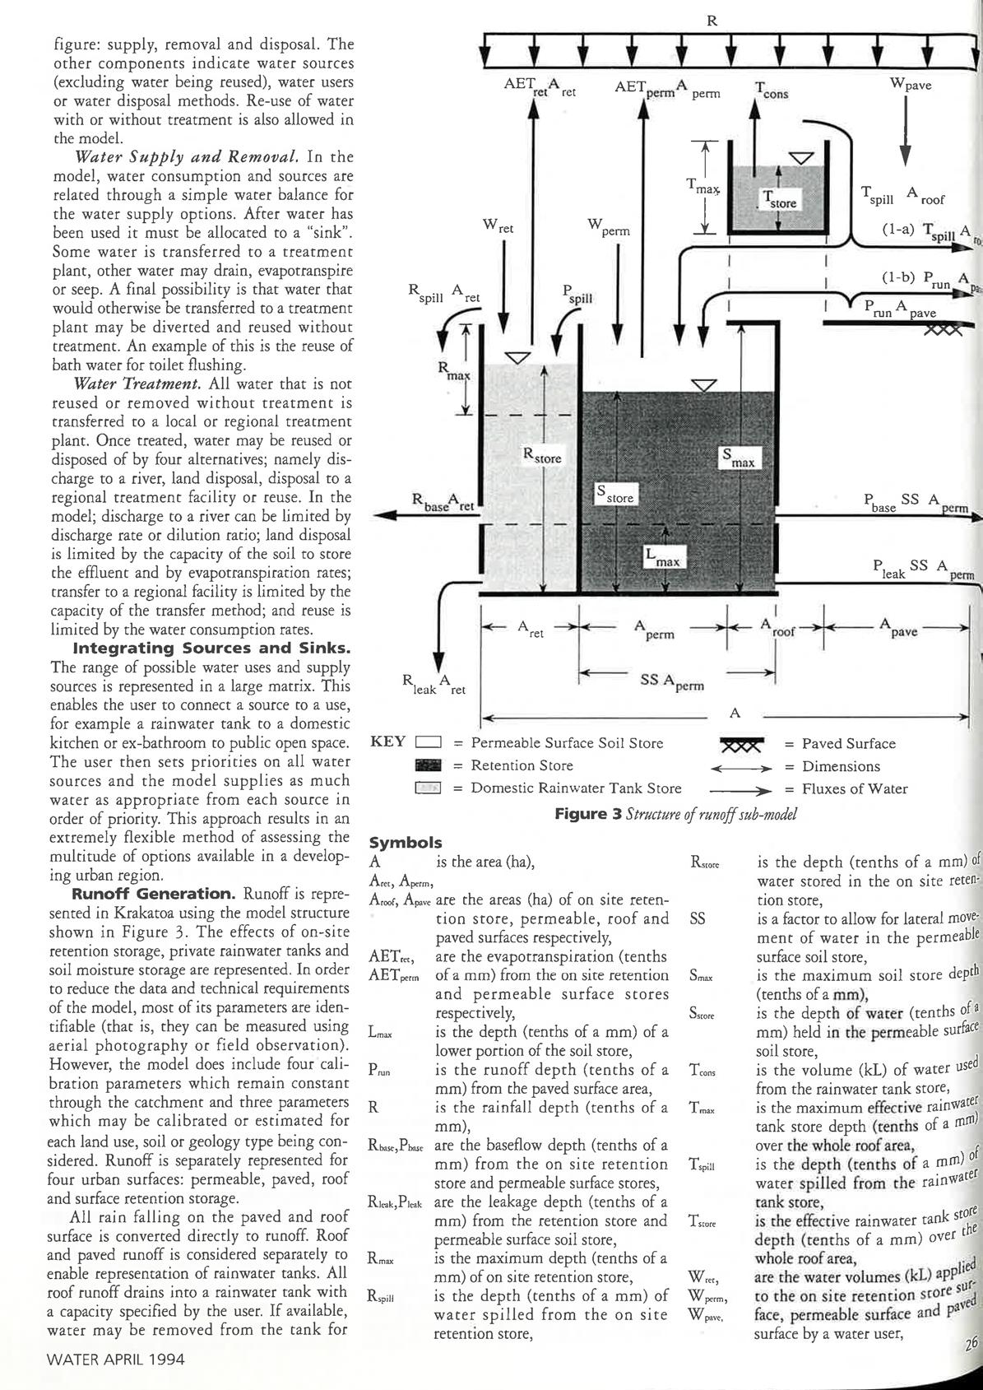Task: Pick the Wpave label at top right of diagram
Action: coord(911,84)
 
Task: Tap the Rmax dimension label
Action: coord(453,370)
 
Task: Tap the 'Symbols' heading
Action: coord(406,843)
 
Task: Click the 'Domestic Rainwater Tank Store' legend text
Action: coord(576,788)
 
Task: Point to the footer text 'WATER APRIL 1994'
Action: coord(116,1359)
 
